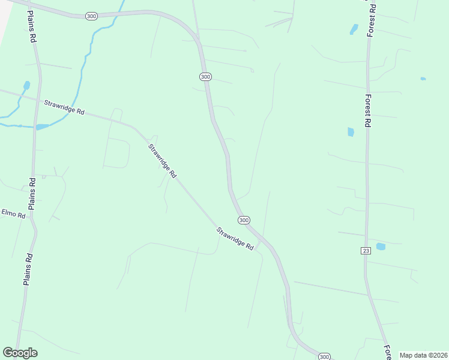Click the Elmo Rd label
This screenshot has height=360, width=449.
13,214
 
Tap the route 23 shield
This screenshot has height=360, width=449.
366,250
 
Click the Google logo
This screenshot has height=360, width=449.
20,353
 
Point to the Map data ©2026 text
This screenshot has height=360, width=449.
423,355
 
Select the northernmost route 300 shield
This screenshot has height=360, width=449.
91,15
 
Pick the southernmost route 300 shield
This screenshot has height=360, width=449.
324,356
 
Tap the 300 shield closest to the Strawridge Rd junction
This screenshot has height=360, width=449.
244,220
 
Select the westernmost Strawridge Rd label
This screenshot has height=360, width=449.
64,108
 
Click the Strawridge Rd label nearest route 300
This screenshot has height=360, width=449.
235,238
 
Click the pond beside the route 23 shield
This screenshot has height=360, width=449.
380,247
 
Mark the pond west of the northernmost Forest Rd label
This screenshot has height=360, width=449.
354,29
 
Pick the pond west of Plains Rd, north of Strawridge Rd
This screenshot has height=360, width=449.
26,86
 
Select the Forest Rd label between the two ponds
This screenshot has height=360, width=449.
367,110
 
